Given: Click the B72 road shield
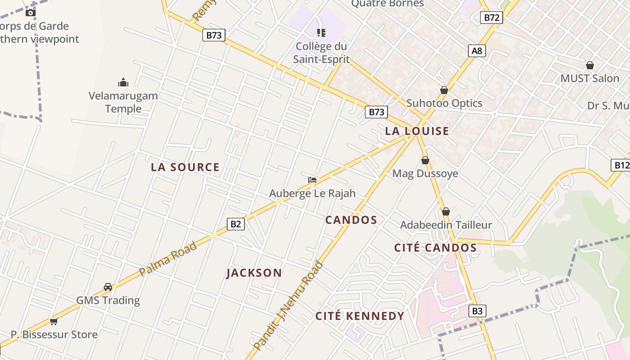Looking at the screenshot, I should tap(491, 18).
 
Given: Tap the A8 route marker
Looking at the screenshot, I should tap(477, 51).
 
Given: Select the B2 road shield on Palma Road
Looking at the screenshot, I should tap(236, 224).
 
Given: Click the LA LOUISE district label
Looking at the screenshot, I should tap(417, 131).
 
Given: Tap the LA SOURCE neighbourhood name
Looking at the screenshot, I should tap(185, 167).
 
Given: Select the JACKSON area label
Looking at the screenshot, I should tap(254, 273).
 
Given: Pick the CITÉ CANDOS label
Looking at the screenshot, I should tap(435, 247).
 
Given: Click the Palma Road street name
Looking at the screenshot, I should tap(168, 259).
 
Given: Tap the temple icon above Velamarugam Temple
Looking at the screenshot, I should tap(123, 82).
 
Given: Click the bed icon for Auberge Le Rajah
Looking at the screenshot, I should tap(312, 180).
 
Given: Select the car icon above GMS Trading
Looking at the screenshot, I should tap(108, 287).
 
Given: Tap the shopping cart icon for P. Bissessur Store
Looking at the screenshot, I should tap(54, 321).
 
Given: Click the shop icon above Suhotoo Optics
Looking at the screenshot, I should tap(444, 90).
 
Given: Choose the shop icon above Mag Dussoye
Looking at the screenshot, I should tap(425, 160).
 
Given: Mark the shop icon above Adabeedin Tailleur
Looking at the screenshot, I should tap(446, 211).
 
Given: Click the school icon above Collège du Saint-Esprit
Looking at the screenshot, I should tap(321, 32).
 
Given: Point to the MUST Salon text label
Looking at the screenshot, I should tap(589, 78).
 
